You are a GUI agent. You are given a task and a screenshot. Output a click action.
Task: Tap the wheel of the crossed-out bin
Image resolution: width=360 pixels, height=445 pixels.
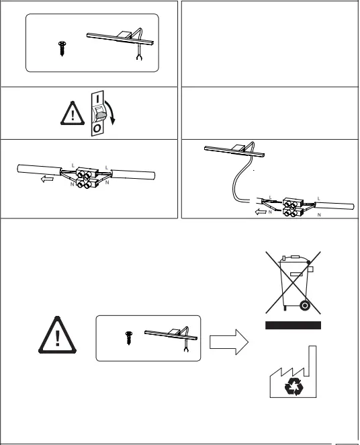click(306, 306)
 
